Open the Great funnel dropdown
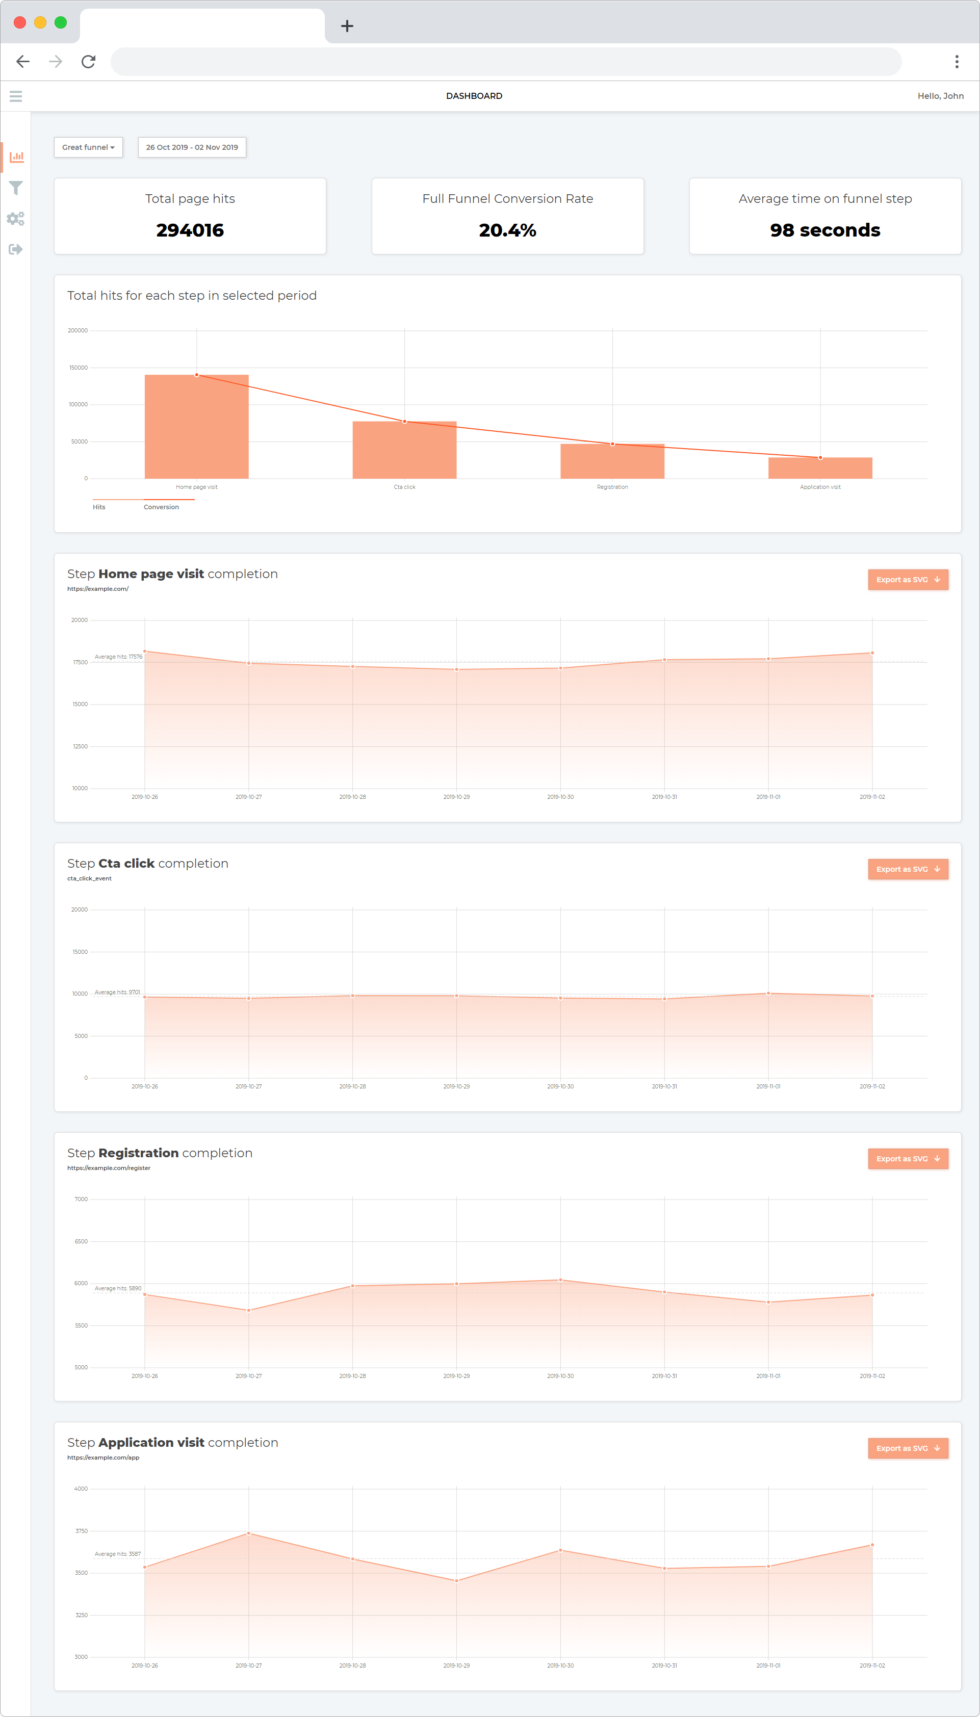point(88,147)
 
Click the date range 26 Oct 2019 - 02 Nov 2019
point(192,147)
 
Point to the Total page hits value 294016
point(190,230)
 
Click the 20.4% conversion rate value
point(507,230)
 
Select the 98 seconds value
point(824,230)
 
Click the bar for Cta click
point(404,450)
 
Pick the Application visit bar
point(820,469)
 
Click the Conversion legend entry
point(162,507)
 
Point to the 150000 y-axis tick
point(78,368)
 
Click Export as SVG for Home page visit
point(907,580)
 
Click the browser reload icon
point(88,62)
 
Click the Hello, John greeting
point(940,96)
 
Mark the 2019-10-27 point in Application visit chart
point(249,1533)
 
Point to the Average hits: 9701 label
point(117,993)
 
